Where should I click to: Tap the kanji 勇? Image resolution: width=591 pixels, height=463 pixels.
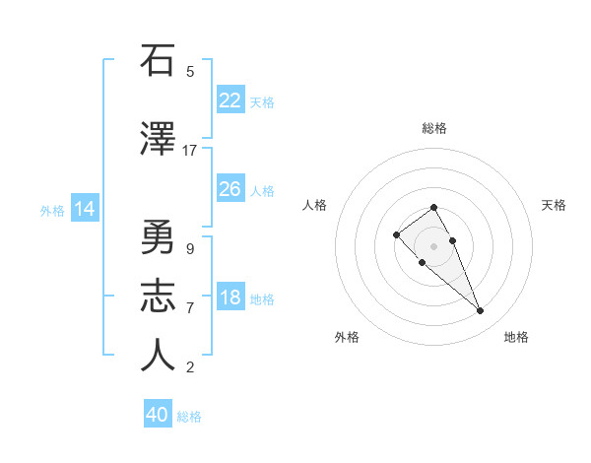pos(157,237)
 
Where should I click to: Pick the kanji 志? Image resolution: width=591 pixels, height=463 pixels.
pos(157,297)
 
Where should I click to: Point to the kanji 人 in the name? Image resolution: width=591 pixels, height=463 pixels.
pos(157,356)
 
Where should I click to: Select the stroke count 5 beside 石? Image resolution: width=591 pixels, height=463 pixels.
pos(189,72)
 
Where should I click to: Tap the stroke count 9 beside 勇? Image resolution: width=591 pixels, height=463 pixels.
pos(189,249)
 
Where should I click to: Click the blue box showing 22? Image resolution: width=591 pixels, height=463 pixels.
pos(230,99)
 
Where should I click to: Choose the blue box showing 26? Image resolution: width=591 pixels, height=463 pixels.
pos(230,188)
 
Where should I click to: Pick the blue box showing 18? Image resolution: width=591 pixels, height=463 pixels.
pos(230,298)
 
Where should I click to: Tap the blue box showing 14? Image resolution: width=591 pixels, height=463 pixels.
pos(85,209)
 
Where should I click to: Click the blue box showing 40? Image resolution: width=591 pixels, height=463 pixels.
pos(158,415)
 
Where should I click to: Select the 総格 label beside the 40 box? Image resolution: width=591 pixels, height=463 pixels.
pos(189,417)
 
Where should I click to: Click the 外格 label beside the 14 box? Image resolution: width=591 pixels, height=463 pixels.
pos(52,210)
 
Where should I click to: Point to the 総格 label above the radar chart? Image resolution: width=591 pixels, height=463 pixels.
pos(434,128)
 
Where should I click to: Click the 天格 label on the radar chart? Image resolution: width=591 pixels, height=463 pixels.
pos(554,205)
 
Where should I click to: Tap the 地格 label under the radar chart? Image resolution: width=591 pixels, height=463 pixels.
pos(516,337)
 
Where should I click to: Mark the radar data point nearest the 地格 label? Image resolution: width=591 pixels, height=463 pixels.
pos(480,311)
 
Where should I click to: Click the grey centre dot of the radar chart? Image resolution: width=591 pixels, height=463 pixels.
pos(433,245)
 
